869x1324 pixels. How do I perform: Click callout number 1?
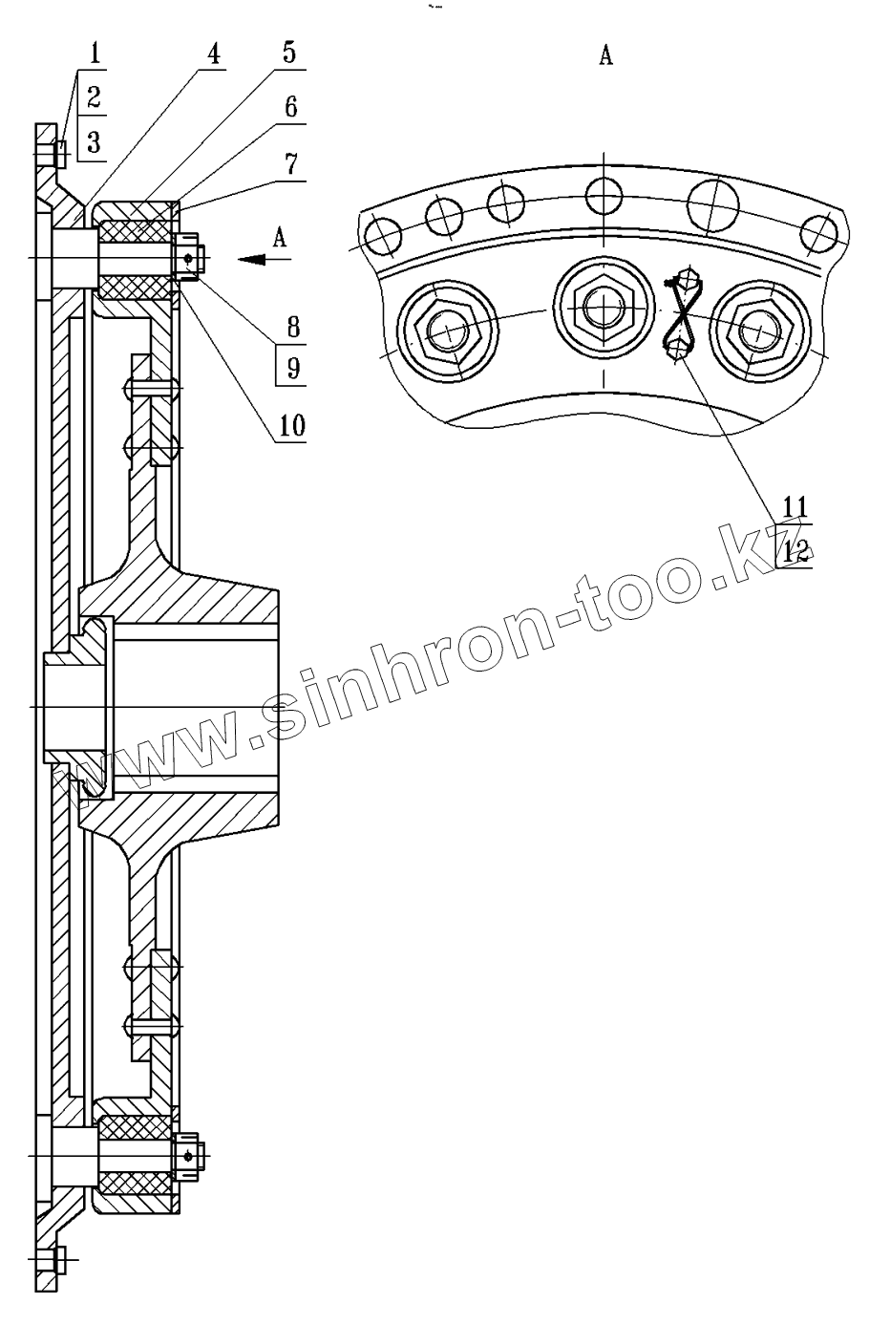(x=94, y=53)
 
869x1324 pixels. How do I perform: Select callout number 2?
(x=94, y=96)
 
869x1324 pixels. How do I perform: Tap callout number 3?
(x=94, y=143)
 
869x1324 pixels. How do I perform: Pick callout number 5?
(x=287, y=53)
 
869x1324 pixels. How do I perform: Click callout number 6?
(x=289, y=107)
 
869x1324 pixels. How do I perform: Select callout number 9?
(x=293, y=368)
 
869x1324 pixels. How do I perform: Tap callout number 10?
(x=293, y=425)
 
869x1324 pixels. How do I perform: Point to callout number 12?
(x=795, y=551)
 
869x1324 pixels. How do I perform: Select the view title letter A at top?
(x=605, y=57)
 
